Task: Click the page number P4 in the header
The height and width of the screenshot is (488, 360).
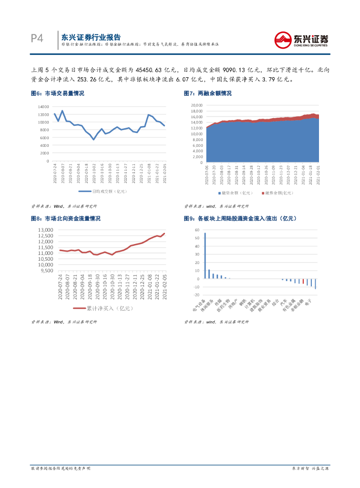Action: coord(37,39)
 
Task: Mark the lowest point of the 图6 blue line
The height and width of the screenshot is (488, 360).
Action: coord(93,139)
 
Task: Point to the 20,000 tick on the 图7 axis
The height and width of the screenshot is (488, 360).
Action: coord(196,105)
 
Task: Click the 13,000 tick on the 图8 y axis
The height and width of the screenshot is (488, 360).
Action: coord(47,230)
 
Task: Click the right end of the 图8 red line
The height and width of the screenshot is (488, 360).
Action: coord(165,234)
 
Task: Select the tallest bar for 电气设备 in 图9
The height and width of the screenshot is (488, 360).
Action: coord(205,255)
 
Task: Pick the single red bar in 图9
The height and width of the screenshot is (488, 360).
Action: coord(303,281)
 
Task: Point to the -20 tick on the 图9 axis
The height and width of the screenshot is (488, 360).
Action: coord(196,295)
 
